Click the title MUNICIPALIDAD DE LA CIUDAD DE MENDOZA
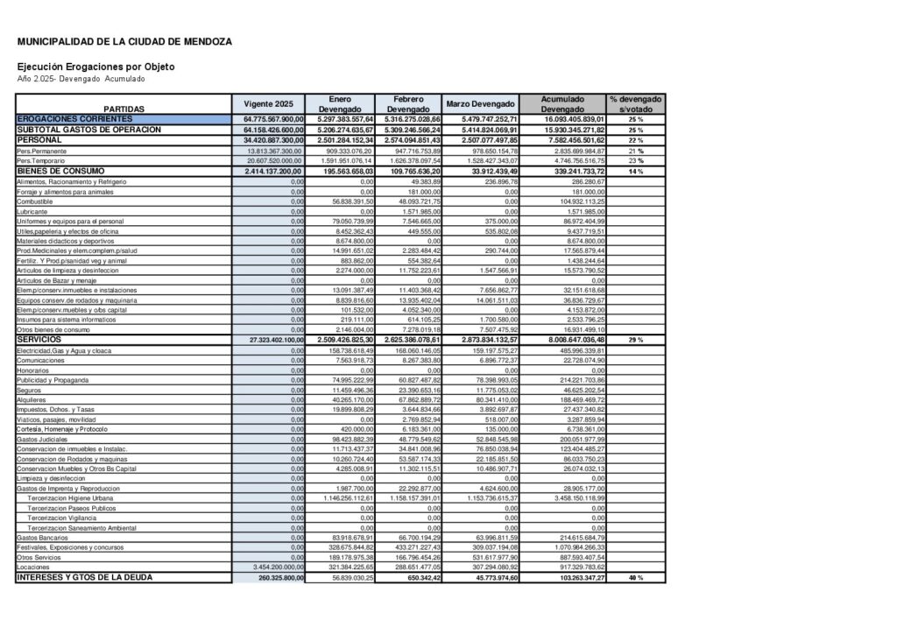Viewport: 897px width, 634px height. point(124,41)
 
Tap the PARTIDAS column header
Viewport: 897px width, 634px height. point(123,109)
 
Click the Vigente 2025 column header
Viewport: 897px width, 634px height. point(268,103)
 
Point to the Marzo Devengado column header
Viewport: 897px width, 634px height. point(481,103)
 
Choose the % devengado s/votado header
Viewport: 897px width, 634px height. point(636,103)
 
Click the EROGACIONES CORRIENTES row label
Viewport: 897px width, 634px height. point(74,118)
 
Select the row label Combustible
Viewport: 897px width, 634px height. point(35,201)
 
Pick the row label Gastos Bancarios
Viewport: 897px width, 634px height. point(41,537)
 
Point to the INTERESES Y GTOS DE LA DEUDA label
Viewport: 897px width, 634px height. point(84,578)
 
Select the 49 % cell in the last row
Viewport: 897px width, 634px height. point(636,578)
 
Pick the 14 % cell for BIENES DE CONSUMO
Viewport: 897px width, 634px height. point(636,171)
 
